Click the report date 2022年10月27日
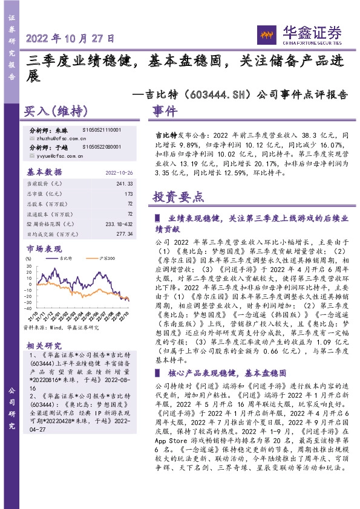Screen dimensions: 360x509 tap(71, 38)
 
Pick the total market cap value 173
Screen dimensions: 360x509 tap(128, 194)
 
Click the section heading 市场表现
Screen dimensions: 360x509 tap(45, 248)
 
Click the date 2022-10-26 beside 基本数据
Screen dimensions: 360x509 tap(119, 171)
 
